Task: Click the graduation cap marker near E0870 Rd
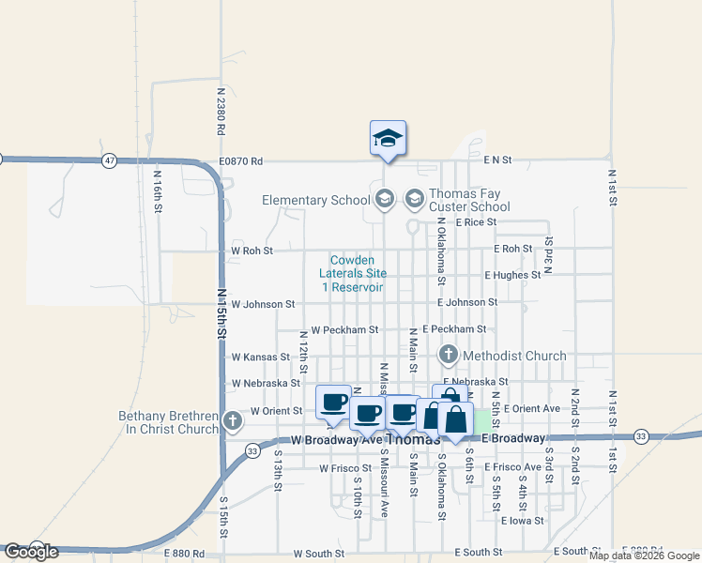tap(388, 139)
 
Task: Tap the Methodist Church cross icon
tap(448, 356)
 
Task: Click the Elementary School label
tap(315, 200)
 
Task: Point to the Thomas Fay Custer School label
tap(469, 200)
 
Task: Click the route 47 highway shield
tap(110, 161)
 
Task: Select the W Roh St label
tap(252, 251)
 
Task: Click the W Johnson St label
tap(263, 304)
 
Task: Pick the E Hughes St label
tap(512, 275)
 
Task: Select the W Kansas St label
tap(260, 358)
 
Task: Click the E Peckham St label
tap(454, 329)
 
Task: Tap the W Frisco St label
tap(345, 467)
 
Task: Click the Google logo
tap(30, 552)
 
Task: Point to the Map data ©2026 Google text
tap(643, 555)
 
